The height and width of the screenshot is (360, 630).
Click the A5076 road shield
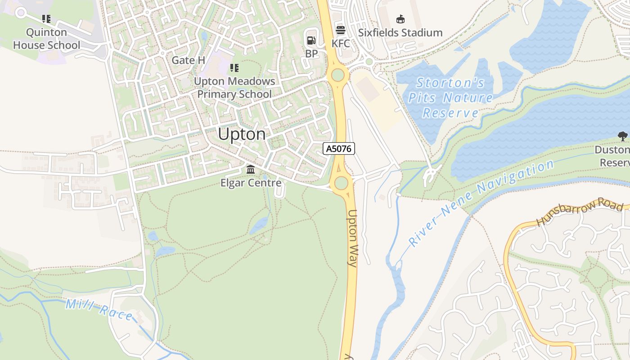[x=339, y=148]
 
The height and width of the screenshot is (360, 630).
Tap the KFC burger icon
[x=341, y=31]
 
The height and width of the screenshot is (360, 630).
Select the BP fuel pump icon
[x=311, y=40]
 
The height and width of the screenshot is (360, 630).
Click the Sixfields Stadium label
[x=400, y=33]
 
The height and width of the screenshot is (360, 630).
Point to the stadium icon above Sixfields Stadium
[x=400, y=19]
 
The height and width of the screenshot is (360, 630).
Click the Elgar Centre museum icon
[x=251, y=170]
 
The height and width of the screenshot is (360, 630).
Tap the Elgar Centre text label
[x=251, y=183]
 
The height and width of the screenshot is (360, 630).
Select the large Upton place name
[x=242, y=134]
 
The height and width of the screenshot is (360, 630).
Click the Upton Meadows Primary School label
[x=234, y=88]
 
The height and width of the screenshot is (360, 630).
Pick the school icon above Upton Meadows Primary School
[x=234, y=68]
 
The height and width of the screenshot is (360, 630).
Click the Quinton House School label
[x=46, y=39]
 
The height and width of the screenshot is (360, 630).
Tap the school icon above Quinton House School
[x=46, y=19]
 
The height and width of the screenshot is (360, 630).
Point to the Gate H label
[x=188, y=60]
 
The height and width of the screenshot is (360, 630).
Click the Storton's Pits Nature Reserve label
[x=450, y=98]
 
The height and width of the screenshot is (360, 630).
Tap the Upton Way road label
[x=352, y=238]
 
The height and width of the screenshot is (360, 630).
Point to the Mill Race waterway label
[x=99, y=310]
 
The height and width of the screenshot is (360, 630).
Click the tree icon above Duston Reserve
[x=622, y=136]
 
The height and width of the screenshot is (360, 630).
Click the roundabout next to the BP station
[x=337, y=75]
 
